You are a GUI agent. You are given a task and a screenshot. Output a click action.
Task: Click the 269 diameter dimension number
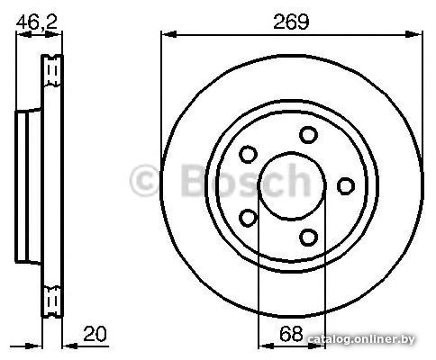(x=291, y=22)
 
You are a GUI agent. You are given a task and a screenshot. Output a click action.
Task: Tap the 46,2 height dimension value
(x=36, y=22)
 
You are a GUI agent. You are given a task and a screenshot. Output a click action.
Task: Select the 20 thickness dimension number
(x=95, y=333)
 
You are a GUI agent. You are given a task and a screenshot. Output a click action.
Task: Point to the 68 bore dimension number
(x=291, y=333)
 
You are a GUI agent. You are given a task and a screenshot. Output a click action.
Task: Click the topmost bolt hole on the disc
(x=308, y=135)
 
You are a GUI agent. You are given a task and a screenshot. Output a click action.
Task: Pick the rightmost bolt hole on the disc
(x=346, y=185)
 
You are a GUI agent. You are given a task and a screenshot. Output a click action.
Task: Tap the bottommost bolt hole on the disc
(x=308, y=237)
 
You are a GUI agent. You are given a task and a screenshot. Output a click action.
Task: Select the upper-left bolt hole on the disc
(x=248, y=154)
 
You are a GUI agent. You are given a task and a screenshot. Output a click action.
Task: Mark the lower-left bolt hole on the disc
(x=248, y=218)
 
